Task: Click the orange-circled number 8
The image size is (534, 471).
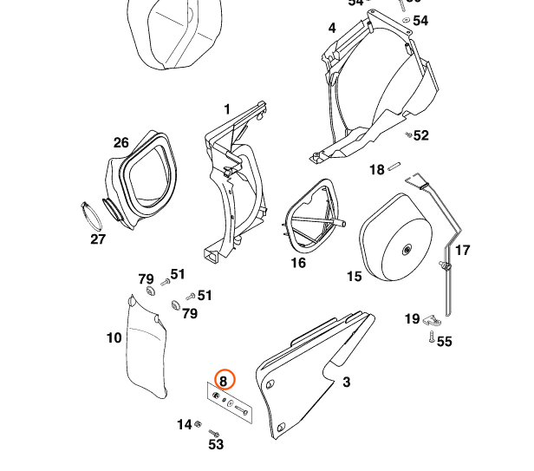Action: tap(224, 380)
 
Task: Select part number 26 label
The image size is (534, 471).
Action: tap(120, 142)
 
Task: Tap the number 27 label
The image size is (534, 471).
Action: tap(98, 239)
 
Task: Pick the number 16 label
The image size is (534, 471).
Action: tap(298, 262)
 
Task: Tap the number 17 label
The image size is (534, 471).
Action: tap(462, 250)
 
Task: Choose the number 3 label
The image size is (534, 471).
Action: tap(346, 381)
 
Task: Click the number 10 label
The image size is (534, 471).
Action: tap(114, 337)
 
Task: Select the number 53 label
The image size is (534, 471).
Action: tap(216, 444)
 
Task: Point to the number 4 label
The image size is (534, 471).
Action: tap(331, 28)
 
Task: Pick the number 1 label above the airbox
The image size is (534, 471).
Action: tap(227, 109)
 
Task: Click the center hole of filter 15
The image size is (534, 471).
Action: tap(406, 251)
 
